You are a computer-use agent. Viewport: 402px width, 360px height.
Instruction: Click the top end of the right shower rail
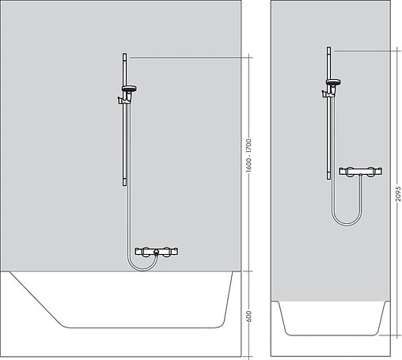(328, 50)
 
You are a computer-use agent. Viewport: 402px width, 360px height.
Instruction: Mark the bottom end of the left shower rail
(123, 182)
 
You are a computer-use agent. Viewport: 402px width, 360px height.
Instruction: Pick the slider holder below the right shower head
(328, 93)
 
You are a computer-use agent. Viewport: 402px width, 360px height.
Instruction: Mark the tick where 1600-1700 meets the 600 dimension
(249, 271)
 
